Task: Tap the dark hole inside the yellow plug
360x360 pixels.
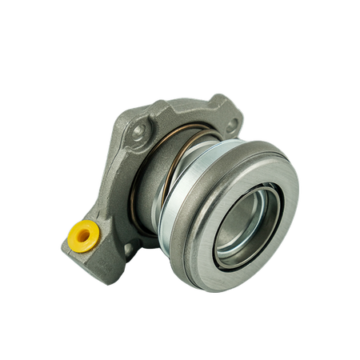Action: pos(83,235)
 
